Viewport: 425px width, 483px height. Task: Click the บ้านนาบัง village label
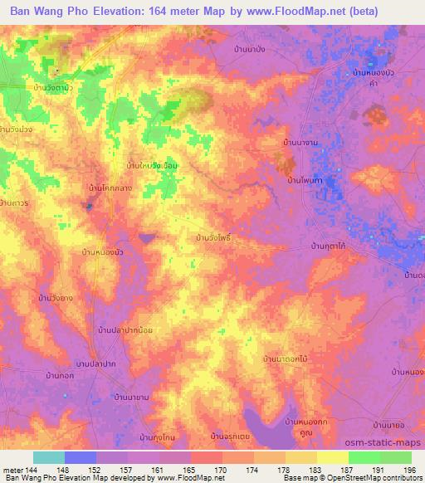click(x=249, y=50)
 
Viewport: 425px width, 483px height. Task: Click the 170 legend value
click(x=221, y=469)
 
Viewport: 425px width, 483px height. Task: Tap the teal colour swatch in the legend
click(x=49, y=457)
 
